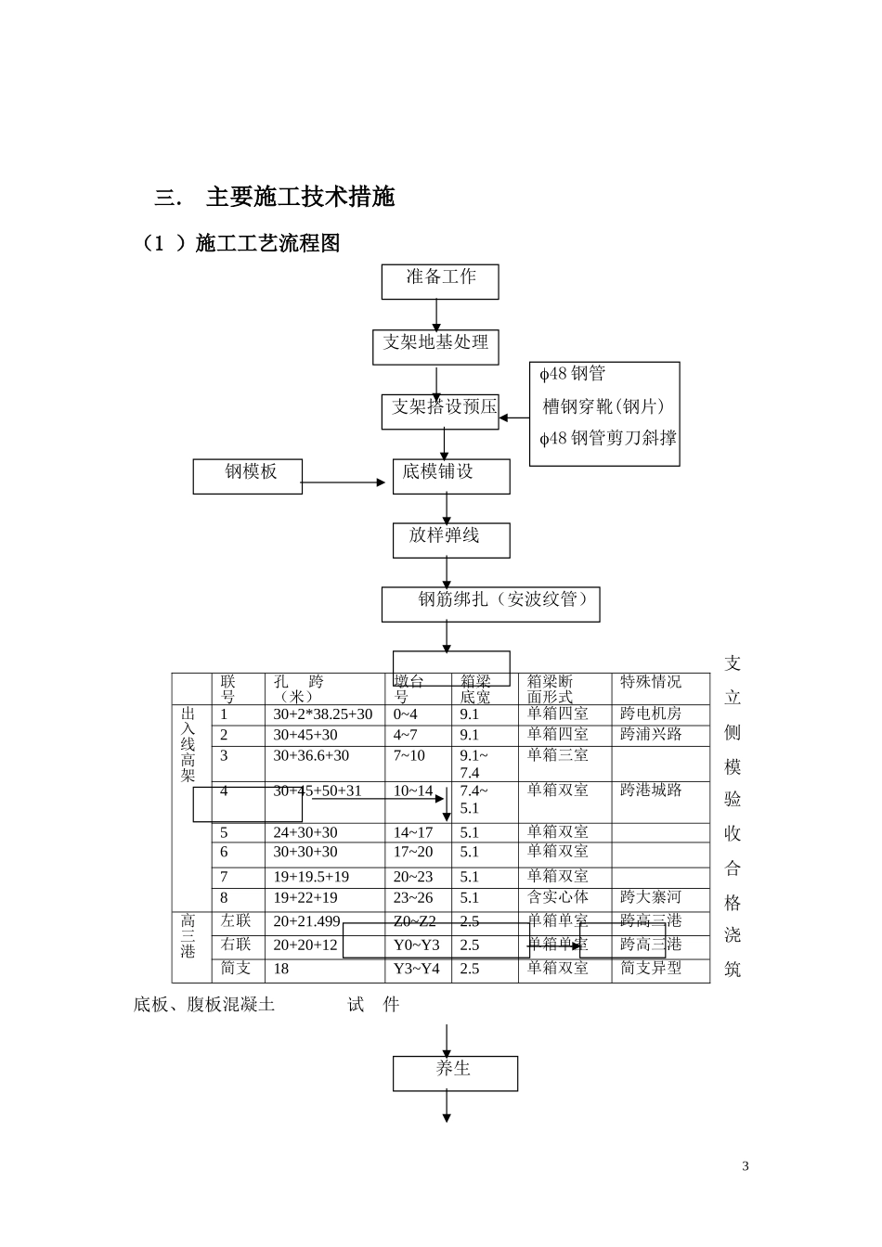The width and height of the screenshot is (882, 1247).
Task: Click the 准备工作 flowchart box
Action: [x=440, y=281]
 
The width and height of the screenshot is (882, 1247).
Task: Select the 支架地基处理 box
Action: [x=435, y=347]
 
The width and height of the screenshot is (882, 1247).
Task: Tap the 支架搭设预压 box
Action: [x=440, y=411]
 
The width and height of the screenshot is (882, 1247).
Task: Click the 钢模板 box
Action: [x=248, y=476]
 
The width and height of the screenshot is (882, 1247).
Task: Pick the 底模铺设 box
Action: [x=450, y=476]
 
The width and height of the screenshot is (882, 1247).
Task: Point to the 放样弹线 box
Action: [x=450, y=540]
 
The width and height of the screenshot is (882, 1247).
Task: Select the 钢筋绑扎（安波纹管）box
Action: [x=490, y=603]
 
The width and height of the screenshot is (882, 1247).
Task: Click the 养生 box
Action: [x=455, y=1073]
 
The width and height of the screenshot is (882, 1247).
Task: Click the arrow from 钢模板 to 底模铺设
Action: [x=343, y=482]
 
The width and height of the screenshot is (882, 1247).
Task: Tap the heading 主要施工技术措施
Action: [x=300, y=198]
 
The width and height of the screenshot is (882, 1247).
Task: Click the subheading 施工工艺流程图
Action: [x=267, y=243]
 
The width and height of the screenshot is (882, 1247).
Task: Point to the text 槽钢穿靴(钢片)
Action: [x=603, y=406]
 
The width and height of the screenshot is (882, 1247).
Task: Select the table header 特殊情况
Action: [x=651, y=682]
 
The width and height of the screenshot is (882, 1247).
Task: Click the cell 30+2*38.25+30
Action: [x=322, y=714]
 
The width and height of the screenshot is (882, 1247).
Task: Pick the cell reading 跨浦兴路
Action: [x=651, y=735]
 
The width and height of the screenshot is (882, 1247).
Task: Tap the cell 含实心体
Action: [x=558, y=897]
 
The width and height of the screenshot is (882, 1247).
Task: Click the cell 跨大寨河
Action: [x=651, y=897]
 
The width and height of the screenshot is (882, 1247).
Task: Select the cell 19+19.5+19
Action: [x=311, y=877]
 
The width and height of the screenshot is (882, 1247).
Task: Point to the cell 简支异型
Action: [x=651, y=968]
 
